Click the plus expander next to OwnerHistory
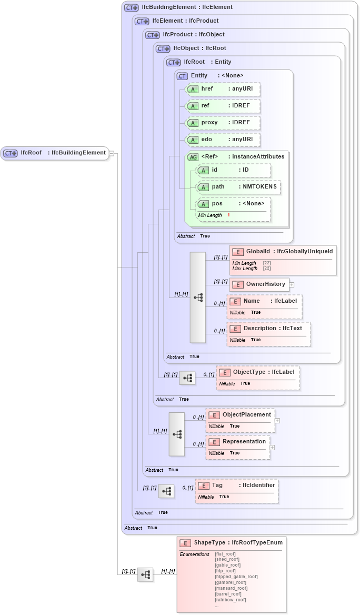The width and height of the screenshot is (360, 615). [292, 285]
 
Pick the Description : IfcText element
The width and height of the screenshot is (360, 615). [272, 329]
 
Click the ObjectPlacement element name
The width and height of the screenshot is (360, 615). [246, 415]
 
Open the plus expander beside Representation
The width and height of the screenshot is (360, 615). [273, 448]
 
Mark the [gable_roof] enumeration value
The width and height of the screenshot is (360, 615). [227, 565]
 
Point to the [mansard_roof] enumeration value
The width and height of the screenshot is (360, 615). [231, 588]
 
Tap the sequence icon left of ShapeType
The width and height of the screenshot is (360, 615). [145, 575]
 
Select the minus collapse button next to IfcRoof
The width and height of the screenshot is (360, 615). [112, 153]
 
